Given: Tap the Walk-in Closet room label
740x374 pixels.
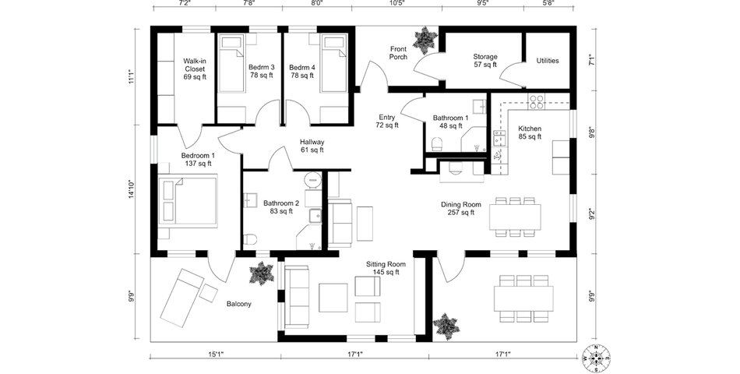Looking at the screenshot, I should pos(195,69).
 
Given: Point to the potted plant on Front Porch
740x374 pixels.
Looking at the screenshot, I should pos(425,39).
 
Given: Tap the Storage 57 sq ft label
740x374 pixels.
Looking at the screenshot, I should pos(485,61).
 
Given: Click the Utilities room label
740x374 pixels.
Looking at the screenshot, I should pos(548,61).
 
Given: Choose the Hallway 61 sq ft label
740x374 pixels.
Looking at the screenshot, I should pos(312,146).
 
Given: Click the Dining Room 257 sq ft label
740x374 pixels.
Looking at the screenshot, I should pos(461,208).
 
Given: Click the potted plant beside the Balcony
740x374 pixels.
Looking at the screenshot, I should pos(260,273).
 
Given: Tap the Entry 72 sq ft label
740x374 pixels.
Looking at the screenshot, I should pos(387,121).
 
